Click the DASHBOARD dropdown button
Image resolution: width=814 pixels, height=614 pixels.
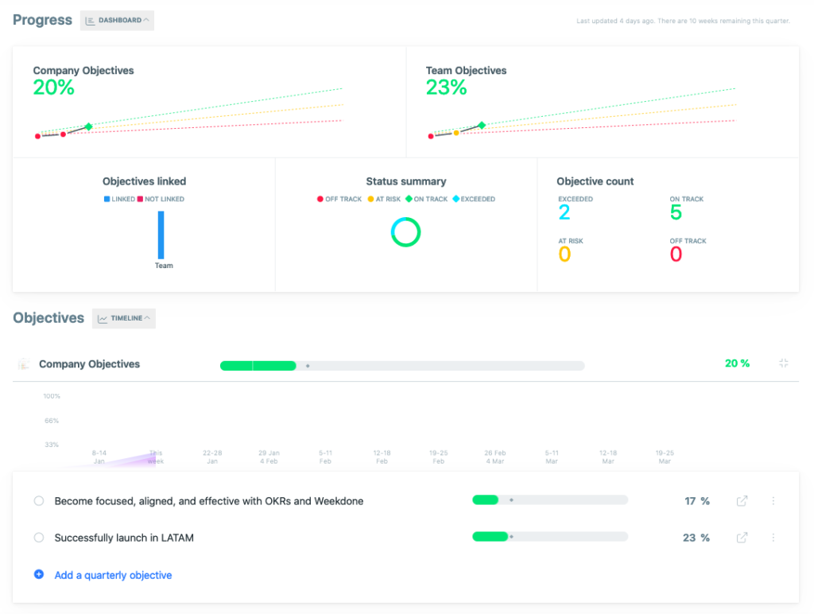point(117,21)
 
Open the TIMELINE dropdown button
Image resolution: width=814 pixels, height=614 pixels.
point(124,318)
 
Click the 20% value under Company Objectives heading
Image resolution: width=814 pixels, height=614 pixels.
point(54,87)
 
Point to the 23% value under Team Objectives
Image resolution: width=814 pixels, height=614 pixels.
point(447,87)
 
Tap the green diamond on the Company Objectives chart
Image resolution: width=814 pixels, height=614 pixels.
point(88,126)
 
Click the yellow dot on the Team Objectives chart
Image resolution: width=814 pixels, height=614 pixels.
point(456,133)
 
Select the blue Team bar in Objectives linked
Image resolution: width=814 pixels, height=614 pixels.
point(161,235)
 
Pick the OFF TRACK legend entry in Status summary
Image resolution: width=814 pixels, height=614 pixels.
point(339,199)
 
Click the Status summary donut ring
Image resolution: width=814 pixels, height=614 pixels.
point(405,232)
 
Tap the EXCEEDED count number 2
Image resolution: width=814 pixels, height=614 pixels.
point(564,212)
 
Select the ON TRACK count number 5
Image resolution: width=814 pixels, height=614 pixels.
point(676,212)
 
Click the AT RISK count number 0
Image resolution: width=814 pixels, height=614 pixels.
point(564,255)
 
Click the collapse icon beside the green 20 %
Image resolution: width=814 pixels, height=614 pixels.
point(784,363)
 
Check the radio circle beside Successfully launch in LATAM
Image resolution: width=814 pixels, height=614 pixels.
point(39,538)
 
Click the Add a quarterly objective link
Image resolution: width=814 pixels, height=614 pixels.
point(113,575)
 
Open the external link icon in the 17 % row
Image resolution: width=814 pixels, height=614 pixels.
point(742,501)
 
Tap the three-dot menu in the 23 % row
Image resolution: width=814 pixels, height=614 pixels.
point(773,538)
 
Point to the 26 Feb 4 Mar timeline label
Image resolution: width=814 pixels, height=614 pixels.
point(495,457)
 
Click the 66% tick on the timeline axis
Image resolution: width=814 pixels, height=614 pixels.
point(52,421)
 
